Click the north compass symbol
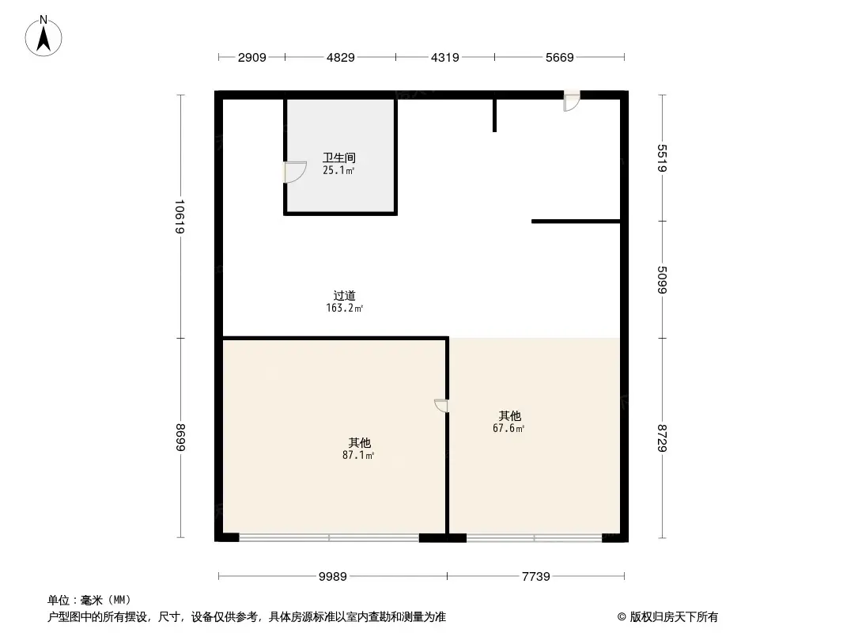click(45, 36)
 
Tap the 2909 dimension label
click(252, 57)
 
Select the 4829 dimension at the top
click(340, 57)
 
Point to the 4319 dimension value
click(444, 57)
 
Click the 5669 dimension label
click(558, 57)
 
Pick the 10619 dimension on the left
click(180, 216)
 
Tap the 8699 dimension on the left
click(180, 438)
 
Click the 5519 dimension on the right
click(663, 157)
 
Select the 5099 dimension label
click(663, 279)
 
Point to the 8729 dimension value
click(663, 438)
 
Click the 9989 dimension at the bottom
click(333, 576)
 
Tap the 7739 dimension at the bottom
click(535, 576)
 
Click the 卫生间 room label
click(339, 157)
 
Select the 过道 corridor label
click(345, 296)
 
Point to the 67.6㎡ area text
click(509, 428)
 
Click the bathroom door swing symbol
click(294, 172)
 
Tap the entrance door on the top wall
click(571, 101)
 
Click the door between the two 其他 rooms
click(441, 406)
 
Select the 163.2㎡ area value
click(345, 309)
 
